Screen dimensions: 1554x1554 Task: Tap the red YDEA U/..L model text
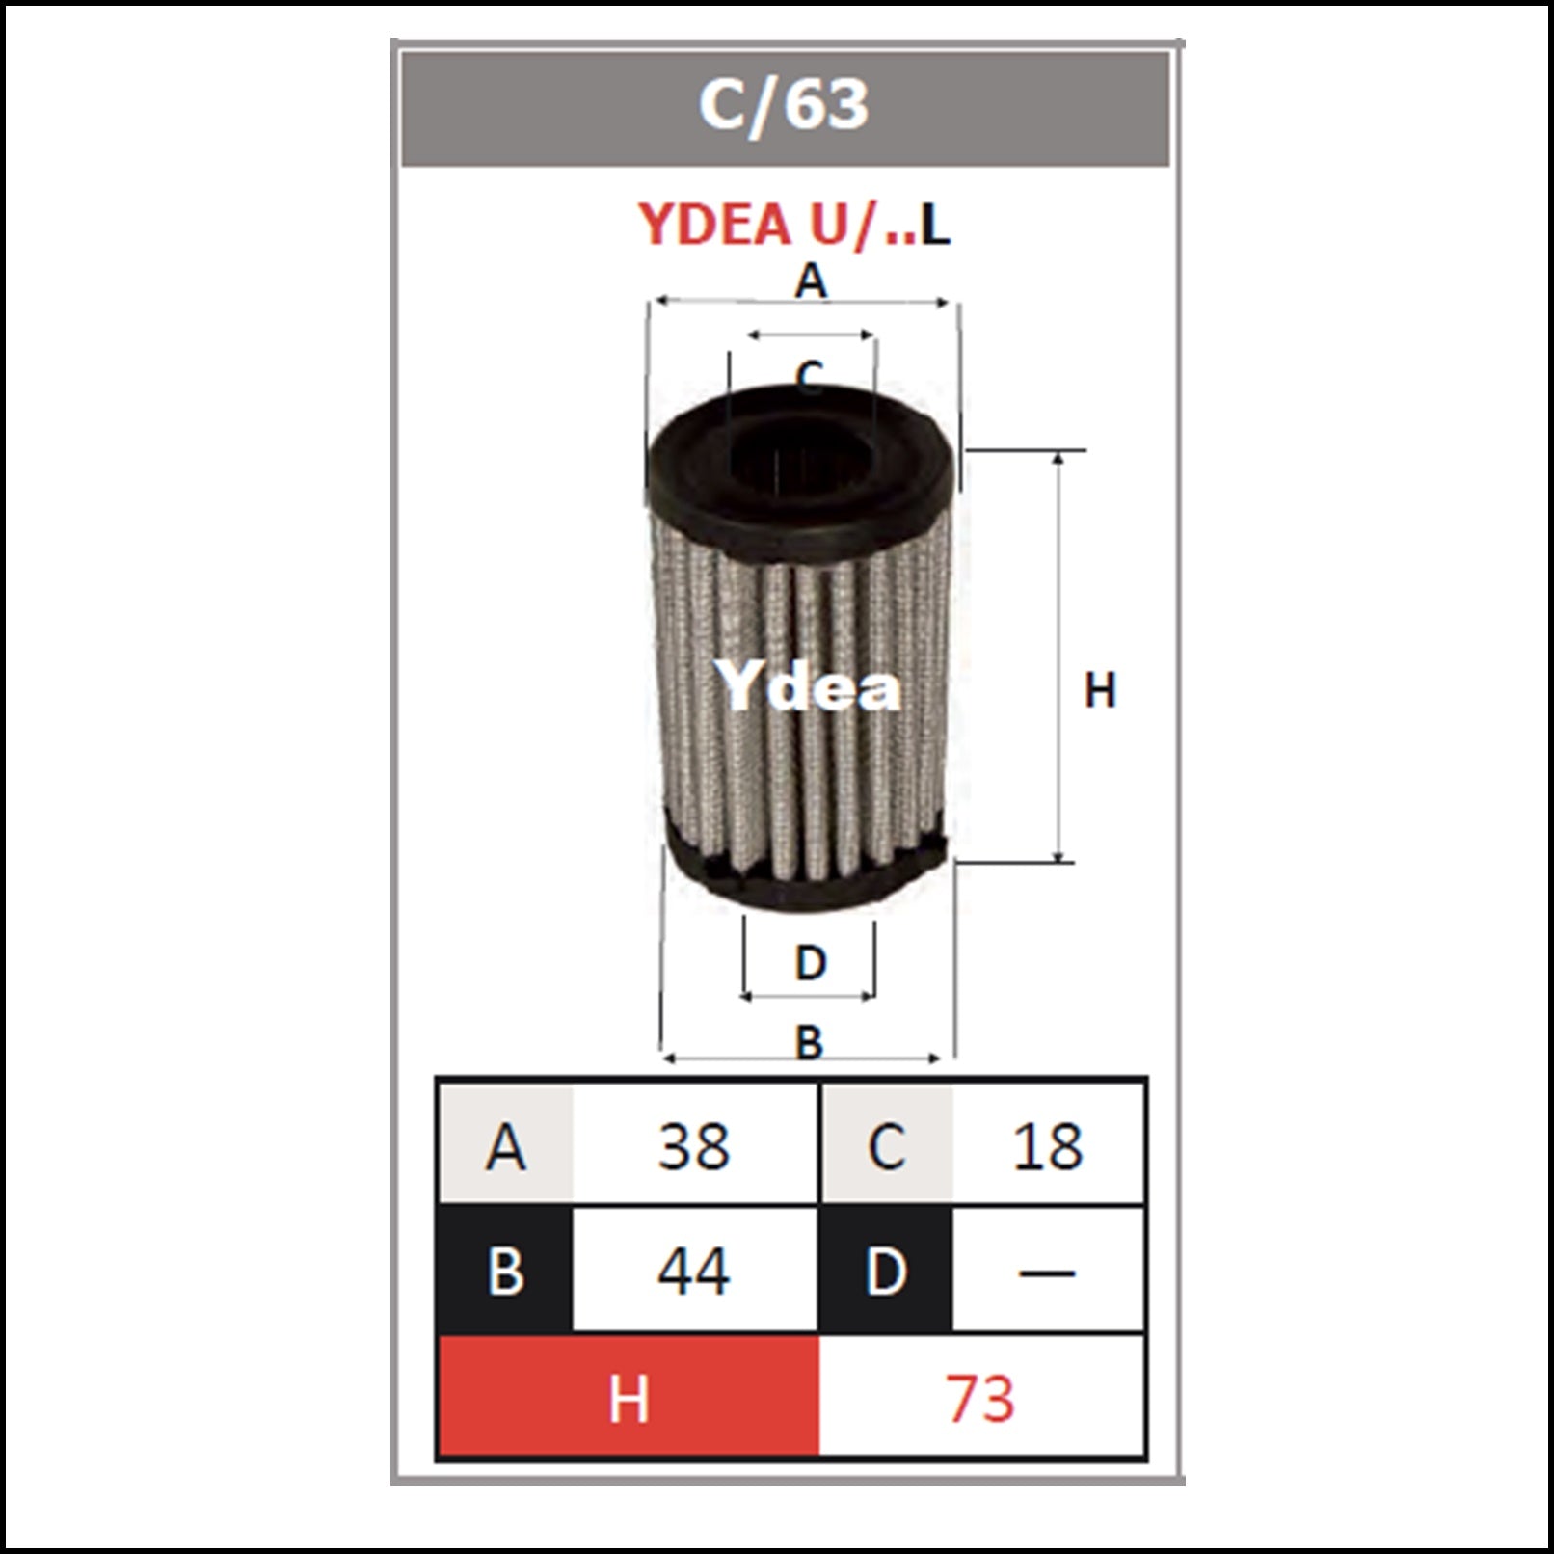pyautogui.click(x=794, y=224)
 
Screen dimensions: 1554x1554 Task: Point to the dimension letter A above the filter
pyautogui.click(x=811, y=281)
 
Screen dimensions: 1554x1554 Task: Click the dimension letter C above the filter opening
pyautogui.click(x=810, y=375)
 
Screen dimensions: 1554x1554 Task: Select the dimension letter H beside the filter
pyautogui.click(x=1100, y=690)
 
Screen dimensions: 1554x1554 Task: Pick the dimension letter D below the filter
pyautogui.click(x=811, y=962)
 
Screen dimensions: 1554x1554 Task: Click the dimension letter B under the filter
pyautogui.click(x=809, y=1041)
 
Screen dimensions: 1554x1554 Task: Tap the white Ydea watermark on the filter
pyautogui.click(x=808, y=686)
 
